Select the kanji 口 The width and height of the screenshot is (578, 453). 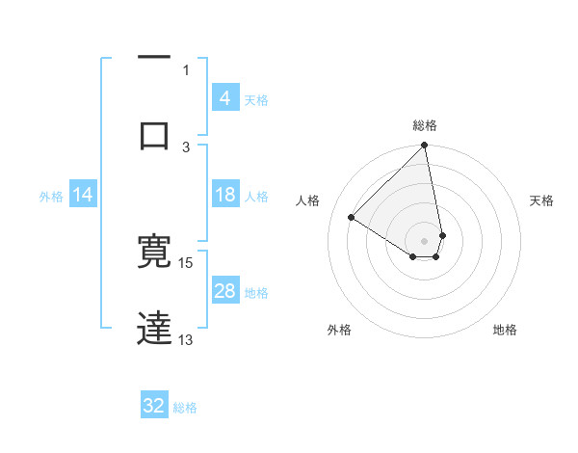[154, 134]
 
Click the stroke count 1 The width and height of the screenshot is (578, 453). [186, 69]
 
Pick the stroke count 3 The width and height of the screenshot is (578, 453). [186, 147]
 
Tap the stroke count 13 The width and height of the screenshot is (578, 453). [186, 339]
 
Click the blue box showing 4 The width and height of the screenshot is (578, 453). [224, 98]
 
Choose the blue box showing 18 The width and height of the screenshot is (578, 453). [224, 195]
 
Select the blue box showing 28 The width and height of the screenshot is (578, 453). [224, 291]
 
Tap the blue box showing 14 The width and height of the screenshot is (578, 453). [83, 195]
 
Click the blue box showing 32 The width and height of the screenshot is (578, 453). [154, 406]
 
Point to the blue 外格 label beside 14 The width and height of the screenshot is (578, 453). [51, 197]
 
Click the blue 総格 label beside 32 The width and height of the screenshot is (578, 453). [185, 408]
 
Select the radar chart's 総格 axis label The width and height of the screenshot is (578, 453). [424, 125]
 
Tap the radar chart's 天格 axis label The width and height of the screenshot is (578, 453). [542, 200]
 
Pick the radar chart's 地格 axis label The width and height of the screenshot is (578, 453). [505, 330]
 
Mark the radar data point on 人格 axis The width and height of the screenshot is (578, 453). [352, 217]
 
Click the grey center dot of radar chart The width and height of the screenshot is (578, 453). [424, 240]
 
